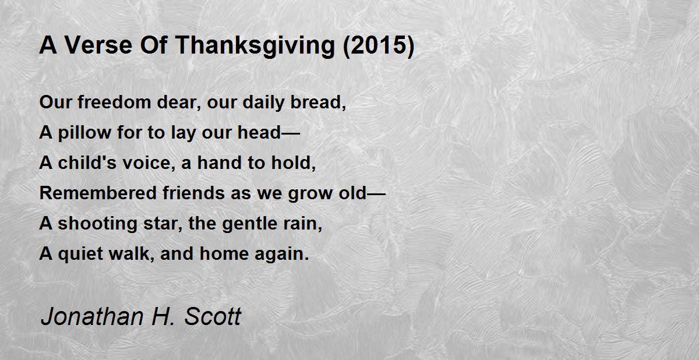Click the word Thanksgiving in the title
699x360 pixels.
point(255,46)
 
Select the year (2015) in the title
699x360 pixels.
point(379,46)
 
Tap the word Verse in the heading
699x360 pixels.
point(98,45)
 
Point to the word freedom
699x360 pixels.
point(115,102)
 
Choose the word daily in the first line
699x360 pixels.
point(263,103)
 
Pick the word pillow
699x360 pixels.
point(84,133)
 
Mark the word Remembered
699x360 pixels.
point(98,193)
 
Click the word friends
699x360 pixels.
point(193,193)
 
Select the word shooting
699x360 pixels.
point(98,224)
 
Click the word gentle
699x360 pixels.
point(250,224)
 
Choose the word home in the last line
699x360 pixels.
point(224,253)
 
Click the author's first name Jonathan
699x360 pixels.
point(93,317)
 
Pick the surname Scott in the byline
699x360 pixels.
point(213,317)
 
